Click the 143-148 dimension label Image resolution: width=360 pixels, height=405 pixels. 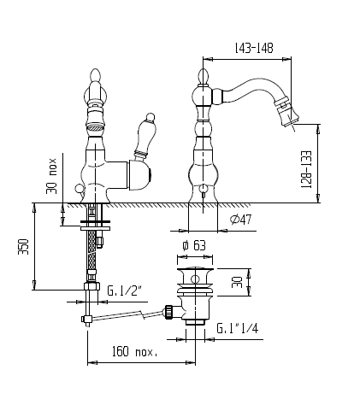point(254,49)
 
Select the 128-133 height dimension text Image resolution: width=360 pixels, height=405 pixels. point(307,169)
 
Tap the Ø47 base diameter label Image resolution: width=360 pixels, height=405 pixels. point(241,220)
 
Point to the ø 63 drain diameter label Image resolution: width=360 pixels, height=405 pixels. point(194,245)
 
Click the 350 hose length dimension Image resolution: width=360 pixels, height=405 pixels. point(24,247)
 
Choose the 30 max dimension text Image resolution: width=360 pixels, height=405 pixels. point(51,176)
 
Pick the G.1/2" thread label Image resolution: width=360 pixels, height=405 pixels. point(124,291)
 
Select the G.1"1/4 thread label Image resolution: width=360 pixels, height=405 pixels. point(238,328)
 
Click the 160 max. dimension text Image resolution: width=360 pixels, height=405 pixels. point(134,351)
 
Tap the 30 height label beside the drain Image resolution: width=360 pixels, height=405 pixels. point(237,282)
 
